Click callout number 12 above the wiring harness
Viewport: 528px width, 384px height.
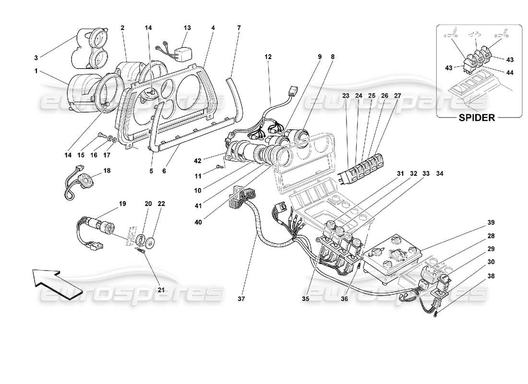pos(268,57)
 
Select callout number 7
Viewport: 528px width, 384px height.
pos(239,28)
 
